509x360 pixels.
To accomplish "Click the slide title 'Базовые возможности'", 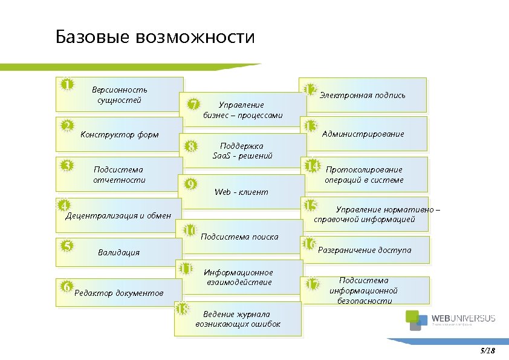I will (x=155, y=38).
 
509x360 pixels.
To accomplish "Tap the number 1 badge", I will (x=68, y=84).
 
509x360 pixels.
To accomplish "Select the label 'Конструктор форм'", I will (x=119, y=134).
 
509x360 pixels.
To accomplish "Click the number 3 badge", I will (x=68, y=165).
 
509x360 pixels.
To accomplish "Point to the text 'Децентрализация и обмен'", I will (x=118, y=215).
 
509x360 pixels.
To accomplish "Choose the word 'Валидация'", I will (x=118, y=252).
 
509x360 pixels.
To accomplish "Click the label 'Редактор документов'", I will (x=118, y=293).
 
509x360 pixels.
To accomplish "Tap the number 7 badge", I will (x=193, y=104).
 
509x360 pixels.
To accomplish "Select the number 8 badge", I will (x=192, y=146).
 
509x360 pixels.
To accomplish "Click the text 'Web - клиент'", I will (x=241, y=192).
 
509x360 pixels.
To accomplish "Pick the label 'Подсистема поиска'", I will (x=239, y=237).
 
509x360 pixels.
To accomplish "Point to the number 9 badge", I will (x=190, y=184).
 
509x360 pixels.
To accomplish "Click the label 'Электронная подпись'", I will (x=362, y=95).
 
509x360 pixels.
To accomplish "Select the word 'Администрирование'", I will (x=363, y=134).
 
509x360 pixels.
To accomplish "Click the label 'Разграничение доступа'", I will (x=365, y=249).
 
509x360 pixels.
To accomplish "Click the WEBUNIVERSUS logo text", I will (x=464, y=319).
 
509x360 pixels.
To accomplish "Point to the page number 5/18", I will (x=487, y=350).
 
